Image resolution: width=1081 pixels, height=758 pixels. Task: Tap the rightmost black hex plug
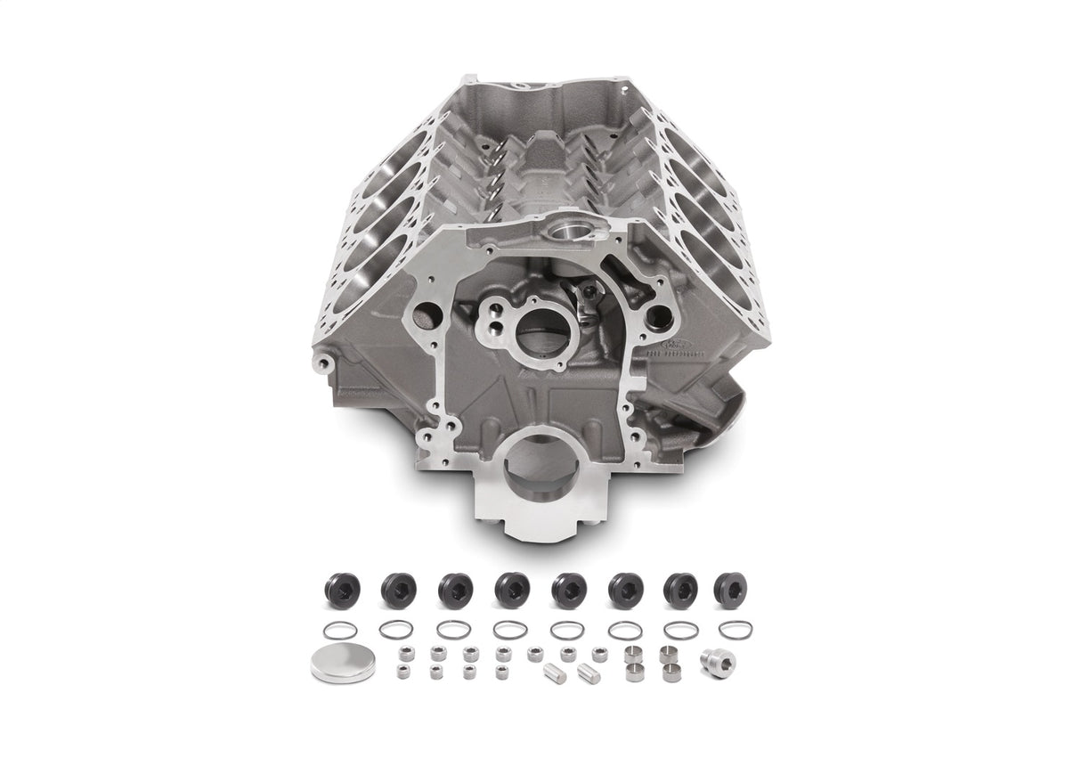click(730, 589)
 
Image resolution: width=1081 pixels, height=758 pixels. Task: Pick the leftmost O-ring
click(339, 630)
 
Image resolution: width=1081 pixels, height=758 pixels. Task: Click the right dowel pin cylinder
click(589, 672)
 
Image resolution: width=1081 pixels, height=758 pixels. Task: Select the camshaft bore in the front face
click(540, 330)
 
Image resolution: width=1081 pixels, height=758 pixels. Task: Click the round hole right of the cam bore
click(660, 314)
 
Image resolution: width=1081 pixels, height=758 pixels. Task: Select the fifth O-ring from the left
click(567, 630)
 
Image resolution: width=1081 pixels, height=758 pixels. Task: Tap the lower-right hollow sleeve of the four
click(670, 672)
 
